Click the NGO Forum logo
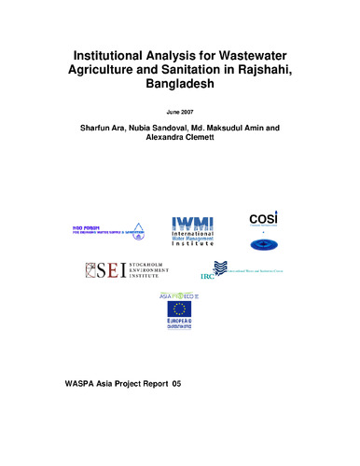point(102,230)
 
